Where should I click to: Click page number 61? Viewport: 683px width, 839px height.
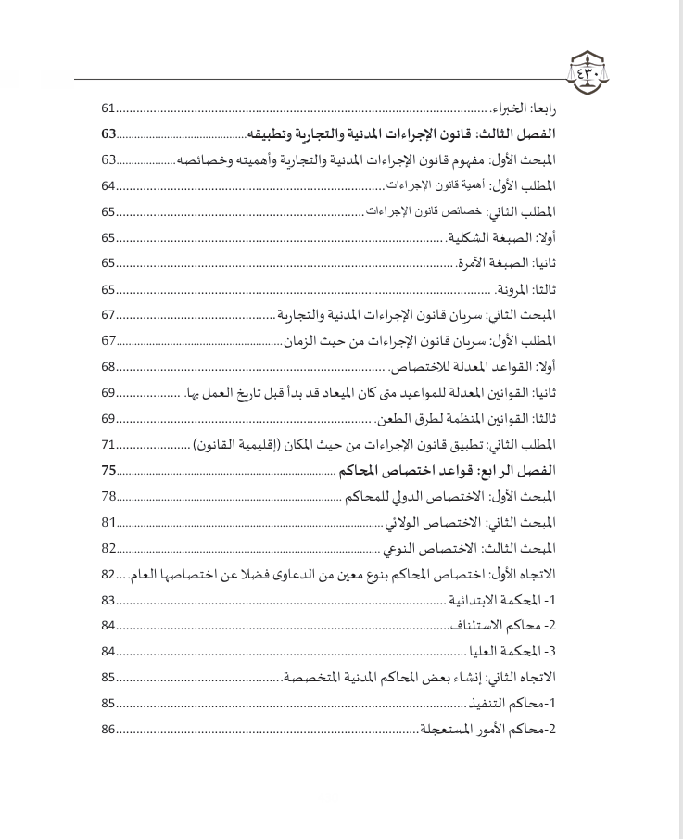(x=108, y=108)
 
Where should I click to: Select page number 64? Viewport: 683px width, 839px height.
(x=108, y=185)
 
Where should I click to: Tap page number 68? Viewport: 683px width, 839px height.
(x=108, y=366)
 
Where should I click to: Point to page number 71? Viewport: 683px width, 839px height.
(x=108, y=444)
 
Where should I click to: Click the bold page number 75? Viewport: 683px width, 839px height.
(x=108, y=470)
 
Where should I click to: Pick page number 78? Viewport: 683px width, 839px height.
(x=108, y=496)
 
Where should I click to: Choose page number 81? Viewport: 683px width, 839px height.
(x=108, y=522)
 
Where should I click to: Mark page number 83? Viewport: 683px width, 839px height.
(x=108, y=600)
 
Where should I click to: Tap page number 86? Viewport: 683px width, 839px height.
(x=108, y=730)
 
